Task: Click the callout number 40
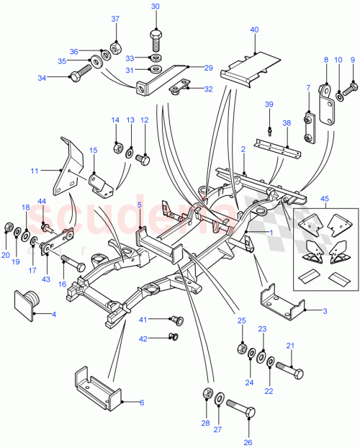coord(254,30)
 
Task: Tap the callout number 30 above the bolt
coord(156,6)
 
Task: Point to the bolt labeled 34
coord(78,72)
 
